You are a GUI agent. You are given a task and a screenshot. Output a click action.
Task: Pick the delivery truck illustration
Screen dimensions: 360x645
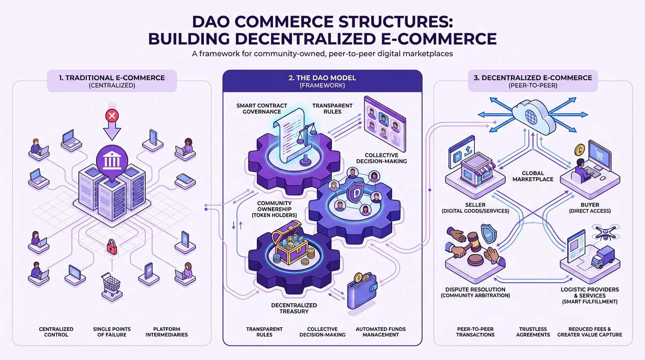click(x=603, y=257)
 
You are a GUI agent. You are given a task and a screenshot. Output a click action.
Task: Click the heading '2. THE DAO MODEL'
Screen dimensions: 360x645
click(x=322, y=78)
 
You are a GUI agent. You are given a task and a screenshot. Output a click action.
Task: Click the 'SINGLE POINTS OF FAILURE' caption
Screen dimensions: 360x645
click(x=112, y=332)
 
